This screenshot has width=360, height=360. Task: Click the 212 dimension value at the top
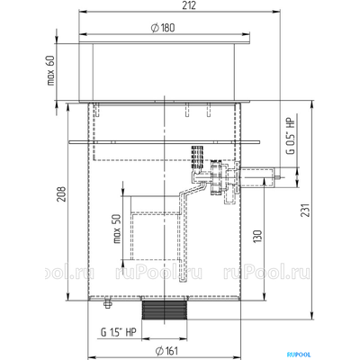[189, 5]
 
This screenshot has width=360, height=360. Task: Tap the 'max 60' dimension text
[51, 70]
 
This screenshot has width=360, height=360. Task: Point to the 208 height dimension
[61, 194]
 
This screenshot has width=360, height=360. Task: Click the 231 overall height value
[305, 210]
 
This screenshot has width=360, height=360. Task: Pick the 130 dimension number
[257, 237]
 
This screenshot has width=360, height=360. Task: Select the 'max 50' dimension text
[117, 229]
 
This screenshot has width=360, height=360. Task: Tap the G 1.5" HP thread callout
[118, 332]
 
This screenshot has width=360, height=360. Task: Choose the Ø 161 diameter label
[167, 350]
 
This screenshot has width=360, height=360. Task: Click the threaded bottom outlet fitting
[165, 310]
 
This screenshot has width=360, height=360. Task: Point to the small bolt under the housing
[107, 303]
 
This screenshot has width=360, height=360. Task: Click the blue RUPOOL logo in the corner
[299, 355]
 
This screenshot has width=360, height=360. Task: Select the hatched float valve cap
[198, 157]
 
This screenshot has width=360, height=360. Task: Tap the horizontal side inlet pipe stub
[257, 177]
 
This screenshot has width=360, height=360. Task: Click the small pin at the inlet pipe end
[279, 177]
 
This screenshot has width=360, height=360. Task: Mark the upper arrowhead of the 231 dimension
[312, 104]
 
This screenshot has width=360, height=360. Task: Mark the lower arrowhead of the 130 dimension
[264, 295]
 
